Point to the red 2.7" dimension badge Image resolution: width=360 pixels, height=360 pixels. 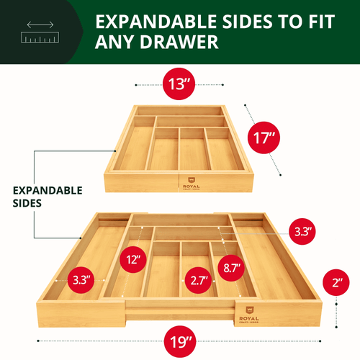[199, 279]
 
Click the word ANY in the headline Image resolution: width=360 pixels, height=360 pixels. [116, 42]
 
